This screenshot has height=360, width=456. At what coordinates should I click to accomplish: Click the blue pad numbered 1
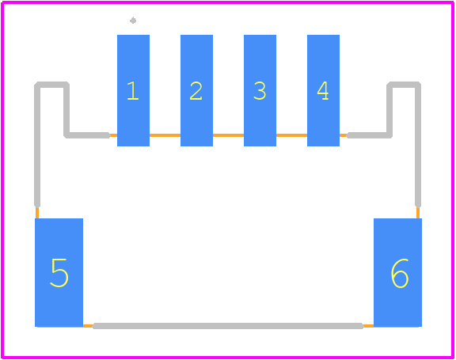coord(133,90)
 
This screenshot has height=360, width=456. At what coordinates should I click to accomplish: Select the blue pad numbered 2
coord(196,90)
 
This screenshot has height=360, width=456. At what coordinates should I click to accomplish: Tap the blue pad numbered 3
coord(260,90)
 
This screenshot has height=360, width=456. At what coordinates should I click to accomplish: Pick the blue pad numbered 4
coord(323,90)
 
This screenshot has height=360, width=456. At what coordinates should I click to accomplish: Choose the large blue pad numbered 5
coord(59,272)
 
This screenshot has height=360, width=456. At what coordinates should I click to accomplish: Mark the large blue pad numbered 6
coord(398,272)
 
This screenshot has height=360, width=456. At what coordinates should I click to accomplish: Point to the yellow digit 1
coord(133,91)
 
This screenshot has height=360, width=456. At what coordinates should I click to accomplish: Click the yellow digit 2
coord(196,91)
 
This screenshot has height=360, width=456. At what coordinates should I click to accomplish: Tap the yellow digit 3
coord(260,91)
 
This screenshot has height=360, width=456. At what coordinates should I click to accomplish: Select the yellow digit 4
coord(323,91)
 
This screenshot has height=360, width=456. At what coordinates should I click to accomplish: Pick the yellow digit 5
coord(59,273)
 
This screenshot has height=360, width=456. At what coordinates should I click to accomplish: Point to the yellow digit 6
coord(400,273)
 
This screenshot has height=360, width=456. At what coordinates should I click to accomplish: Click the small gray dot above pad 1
coord(133,21)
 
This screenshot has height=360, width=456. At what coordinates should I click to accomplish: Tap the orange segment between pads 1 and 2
coord(165,135)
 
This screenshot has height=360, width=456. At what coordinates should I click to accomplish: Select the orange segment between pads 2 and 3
coord(228,135)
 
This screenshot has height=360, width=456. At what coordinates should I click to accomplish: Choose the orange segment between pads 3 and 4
coord(291,135)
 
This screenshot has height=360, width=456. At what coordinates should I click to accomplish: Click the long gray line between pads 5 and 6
coord(228,326)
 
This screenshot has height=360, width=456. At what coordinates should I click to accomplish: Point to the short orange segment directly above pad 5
coord(37,213)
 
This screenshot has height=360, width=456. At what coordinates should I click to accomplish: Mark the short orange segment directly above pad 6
coord(418,213)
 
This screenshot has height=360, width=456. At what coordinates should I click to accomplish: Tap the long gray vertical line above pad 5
coord(37,146)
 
